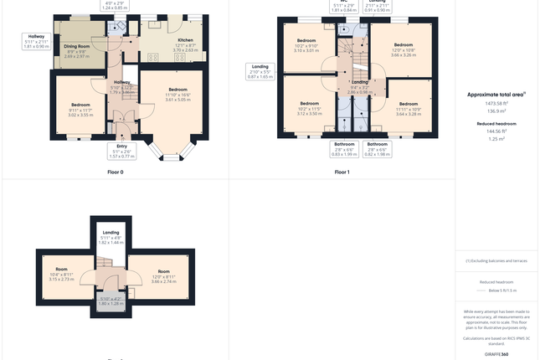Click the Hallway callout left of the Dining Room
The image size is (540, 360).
click(37, 41)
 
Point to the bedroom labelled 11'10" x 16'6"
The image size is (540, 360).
click(177, 94)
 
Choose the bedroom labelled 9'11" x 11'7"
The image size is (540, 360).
click(80, 109)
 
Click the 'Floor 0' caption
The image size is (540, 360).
click(116, 172)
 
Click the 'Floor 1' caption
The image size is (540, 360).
click(342, 172)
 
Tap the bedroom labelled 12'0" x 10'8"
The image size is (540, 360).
click(403, 49)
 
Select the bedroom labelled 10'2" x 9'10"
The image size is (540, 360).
click(306, 45)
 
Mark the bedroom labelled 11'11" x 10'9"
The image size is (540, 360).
click(408, 109)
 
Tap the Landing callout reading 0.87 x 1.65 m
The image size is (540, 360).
click(260, 71)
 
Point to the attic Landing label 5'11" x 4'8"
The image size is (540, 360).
click(111, 237)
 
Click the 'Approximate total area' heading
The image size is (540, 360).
click(496, 95)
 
